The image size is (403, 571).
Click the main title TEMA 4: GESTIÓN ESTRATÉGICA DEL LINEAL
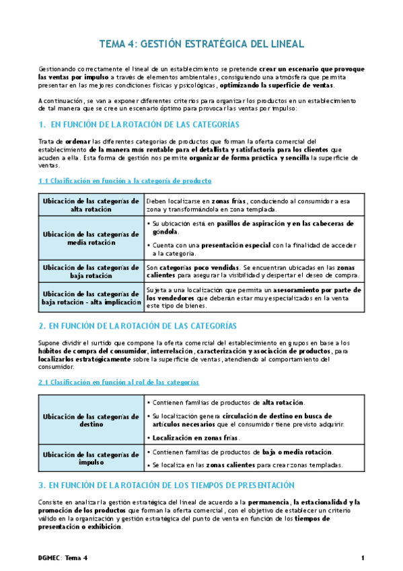201,44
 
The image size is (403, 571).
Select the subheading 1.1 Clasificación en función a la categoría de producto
125,180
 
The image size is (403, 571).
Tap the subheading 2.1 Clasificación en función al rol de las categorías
118,382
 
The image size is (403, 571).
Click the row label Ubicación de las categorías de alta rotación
91,205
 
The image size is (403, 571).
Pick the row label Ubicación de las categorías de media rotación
91,238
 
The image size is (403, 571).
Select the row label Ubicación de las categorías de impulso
91,458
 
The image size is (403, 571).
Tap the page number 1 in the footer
362,558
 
